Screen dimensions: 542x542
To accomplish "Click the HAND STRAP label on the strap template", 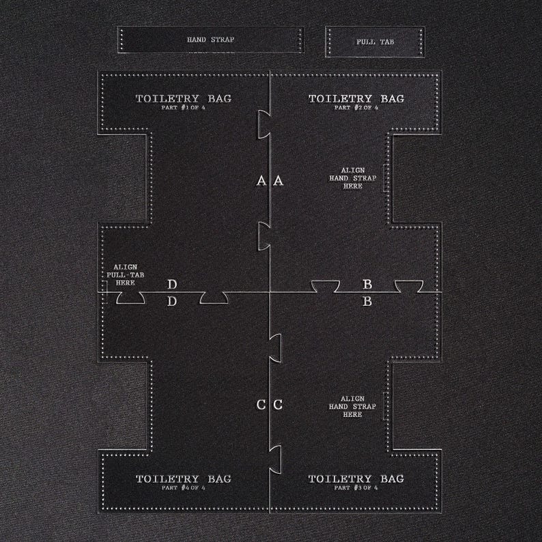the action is coord(210,40).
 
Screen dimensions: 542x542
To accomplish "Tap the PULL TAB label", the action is coord(375,42).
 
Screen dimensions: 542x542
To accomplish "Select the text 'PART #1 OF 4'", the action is coord(183,107).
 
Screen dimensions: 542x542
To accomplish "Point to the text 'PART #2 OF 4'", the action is coord(356,107).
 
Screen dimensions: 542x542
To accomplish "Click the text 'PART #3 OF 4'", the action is coord(356,487).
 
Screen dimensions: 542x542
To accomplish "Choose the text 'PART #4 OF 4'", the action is coord(183,487).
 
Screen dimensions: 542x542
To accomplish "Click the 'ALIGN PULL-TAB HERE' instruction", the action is coord(125,275).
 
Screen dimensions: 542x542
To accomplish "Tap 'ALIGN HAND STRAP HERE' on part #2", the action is coord(353,178).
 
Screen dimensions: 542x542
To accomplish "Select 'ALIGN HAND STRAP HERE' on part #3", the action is coord(352,407).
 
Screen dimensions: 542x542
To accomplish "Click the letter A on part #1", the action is coord(261,180).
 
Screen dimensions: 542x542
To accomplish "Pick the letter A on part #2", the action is coord(279,180).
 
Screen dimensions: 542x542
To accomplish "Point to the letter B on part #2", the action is coord(367,284).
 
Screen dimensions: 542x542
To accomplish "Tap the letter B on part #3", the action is coord(367,302).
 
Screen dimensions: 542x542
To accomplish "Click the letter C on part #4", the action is coord(261,405).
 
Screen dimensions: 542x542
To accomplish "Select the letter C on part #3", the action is coord(278,405).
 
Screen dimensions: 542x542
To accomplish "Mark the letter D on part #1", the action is coord(172,284).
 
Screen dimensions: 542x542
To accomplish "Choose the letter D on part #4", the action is coord(172,302).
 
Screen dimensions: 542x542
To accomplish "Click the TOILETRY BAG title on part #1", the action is coord(183,98).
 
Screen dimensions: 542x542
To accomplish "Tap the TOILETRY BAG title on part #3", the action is coord(356,479).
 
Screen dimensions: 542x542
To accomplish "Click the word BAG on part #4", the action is coord(220,479).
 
